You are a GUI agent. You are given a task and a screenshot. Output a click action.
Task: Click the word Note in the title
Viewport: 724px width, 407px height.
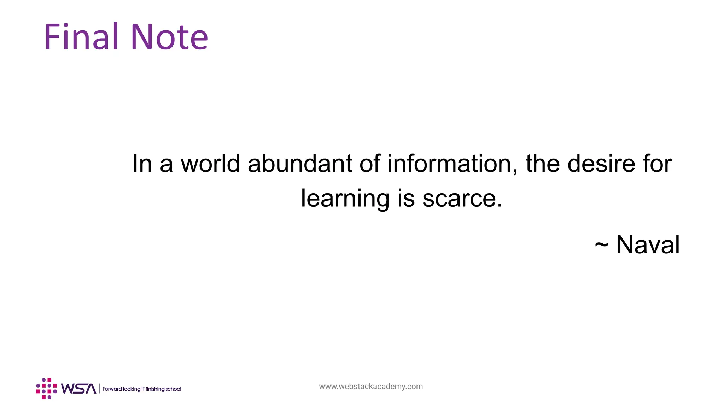pos(169,37)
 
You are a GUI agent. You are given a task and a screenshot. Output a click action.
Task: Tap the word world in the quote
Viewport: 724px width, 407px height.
pos(210,164)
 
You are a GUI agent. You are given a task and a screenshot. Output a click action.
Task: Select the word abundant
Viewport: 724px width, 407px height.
pos(300,164)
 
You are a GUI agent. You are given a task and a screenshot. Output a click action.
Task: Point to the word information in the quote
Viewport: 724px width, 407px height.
pos(449,164)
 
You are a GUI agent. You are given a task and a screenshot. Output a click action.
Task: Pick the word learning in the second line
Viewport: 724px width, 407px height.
pos(345,199)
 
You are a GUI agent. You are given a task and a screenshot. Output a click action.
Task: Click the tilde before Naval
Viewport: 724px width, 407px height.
pos(601,245)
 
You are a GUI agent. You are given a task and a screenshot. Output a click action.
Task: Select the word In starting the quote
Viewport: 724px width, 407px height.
pos(142,164)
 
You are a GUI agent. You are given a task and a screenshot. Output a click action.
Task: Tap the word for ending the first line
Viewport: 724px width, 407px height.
pos(658,164)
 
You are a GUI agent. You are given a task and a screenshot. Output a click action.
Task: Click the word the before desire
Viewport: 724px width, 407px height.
pos(543,164)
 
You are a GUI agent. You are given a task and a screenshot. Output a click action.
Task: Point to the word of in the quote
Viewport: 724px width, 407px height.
pos(370,164)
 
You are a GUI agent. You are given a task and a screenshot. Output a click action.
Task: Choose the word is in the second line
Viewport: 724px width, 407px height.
pos(406,199)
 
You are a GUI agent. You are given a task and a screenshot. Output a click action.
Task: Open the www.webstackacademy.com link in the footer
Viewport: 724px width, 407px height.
pos(371,386)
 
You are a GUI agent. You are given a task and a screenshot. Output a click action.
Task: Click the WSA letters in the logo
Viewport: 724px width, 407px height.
pos(78,389)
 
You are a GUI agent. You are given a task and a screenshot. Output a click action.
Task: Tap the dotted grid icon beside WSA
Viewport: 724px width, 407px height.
pos(46,389)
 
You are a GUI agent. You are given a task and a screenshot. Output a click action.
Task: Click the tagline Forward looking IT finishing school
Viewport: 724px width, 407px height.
pos(142,389)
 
